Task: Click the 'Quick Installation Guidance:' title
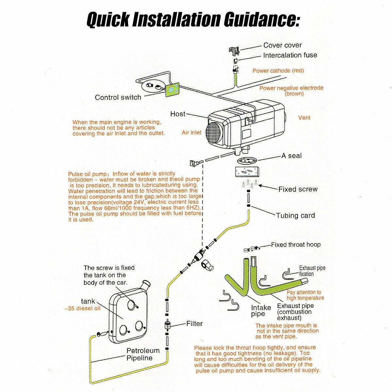coord(193,20)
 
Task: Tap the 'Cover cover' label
coord(282,45)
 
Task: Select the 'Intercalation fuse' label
coord(290,55)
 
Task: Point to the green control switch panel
coord(172,89)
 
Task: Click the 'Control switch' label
coord(118,97)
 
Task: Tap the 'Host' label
coord(178,114)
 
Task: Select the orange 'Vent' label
coord(304,118)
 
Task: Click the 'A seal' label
coord(291,156)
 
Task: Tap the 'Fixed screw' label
coord(298,189)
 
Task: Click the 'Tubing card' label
coord(295,216)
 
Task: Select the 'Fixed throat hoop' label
coord(296,245)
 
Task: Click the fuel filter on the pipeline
coord(167,324)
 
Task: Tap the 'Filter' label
coord(194,324)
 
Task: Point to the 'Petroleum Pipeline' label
coord(143,354)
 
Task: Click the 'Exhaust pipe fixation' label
coord(312,271)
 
